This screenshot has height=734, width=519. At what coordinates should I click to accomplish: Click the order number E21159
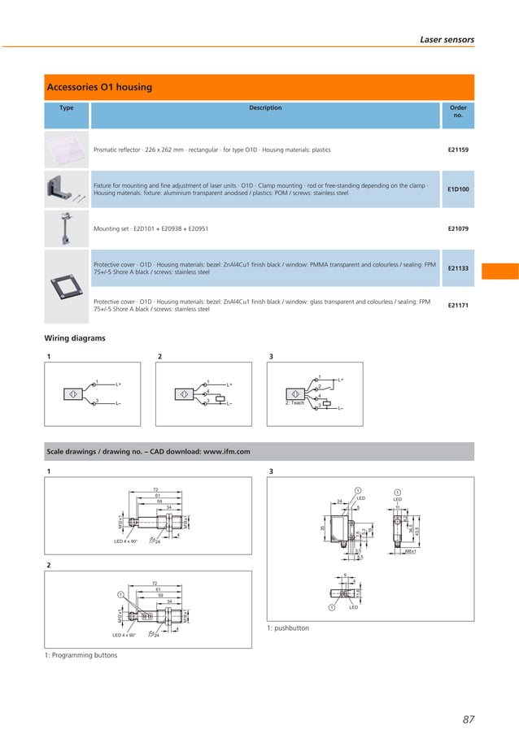coord(458,150)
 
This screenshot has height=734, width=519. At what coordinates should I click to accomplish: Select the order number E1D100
coord(458,189)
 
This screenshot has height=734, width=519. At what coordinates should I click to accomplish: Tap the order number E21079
coord(458,228)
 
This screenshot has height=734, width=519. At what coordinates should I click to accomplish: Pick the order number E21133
coord(458,267)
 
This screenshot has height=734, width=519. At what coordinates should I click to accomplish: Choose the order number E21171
coord(458,306)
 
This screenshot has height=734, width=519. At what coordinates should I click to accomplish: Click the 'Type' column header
coord(67,108)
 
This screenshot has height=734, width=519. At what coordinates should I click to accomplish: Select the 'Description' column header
coord(265,108)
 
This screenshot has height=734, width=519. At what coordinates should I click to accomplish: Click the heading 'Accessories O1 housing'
coord(99,87)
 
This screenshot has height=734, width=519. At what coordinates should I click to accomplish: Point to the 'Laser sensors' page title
coord(447,39)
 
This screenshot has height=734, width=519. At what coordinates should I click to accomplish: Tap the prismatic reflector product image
coord(67,150)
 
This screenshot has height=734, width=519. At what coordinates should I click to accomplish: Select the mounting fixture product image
coord(65,189)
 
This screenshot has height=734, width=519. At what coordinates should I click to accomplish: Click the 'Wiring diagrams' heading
coord(74,338)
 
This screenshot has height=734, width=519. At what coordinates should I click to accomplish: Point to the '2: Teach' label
coord(294,403)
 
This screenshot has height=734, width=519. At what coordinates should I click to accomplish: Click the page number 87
coord(468,719)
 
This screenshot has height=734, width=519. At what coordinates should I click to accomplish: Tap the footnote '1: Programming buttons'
coord(81,655)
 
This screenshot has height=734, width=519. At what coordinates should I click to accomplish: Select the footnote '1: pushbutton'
coord(288,628)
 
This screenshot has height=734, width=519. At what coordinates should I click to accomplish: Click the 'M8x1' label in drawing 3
coord(411,552)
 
